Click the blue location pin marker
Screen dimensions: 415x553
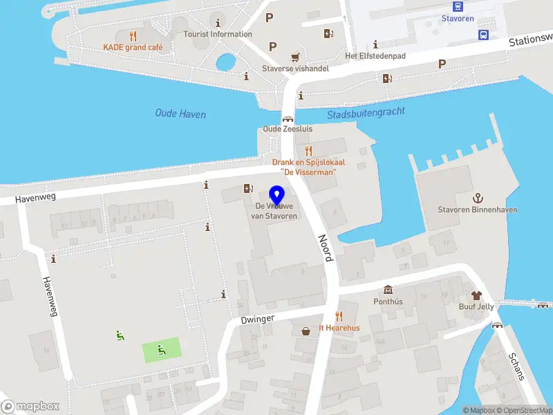pos(277,194)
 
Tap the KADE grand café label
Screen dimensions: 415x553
pos(133,47)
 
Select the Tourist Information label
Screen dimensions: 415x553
pos(218,34)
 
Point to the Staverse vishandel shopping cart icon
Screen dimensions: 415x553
pos(296,57)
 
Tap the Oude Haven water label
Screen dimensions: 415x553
pos(180,114)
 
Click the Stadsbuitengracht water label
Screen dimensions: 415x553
pos(366,113)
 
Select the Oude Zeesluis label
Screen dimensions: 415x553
pos(288,129)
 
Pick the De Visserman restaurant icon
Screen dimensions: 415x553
pos(308,150)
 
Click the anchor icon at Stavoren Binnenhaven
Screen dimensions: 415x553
pos(477,198)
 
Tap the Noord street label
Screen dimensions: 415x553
pos(326,247)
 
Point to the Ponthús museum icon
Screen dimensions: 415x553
pos(387,290)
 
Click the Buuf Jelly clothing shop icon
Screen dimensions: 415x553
pos(476,295)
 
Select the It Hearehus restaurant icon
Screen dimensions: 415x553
pos(339,316)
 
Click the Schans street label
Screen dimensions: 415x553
pos(515,365)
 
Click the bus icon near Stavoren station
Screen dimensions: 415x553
pos(484,35)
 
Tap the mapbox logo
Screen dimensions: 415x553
pos(30,407)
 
